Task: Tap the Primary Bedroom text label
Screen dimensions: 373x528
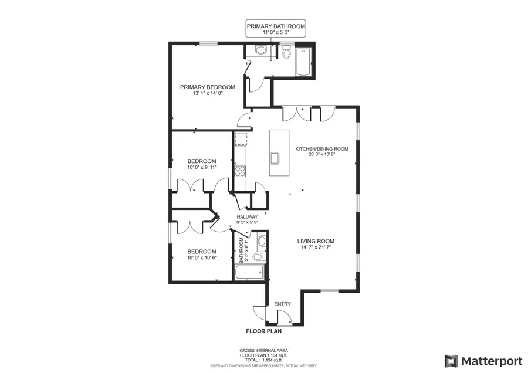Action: click(207, 87)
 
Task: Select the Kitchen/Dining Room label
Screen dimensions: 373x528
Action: click(321, 149)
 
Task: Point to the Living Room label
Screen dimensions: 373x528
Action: click(316, 241)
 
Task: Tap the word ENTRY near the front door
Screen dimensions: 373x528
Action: click(282, 304)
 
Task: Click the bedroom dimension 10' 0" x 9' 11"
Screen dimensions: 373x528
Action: click(202, 167)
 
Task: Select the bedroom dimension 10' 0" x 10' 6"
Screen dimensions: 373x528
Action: click(202, 257)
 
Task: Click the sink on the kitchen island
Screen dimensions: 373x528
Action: click(275, 157)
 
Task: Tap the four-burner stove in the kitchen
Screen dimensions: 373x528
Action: click(240, 171)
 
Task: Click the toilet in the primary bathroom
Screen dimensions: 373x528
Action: click(286, 54)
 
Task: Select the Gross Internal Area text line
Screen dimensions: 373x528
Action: click(263, 351)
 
